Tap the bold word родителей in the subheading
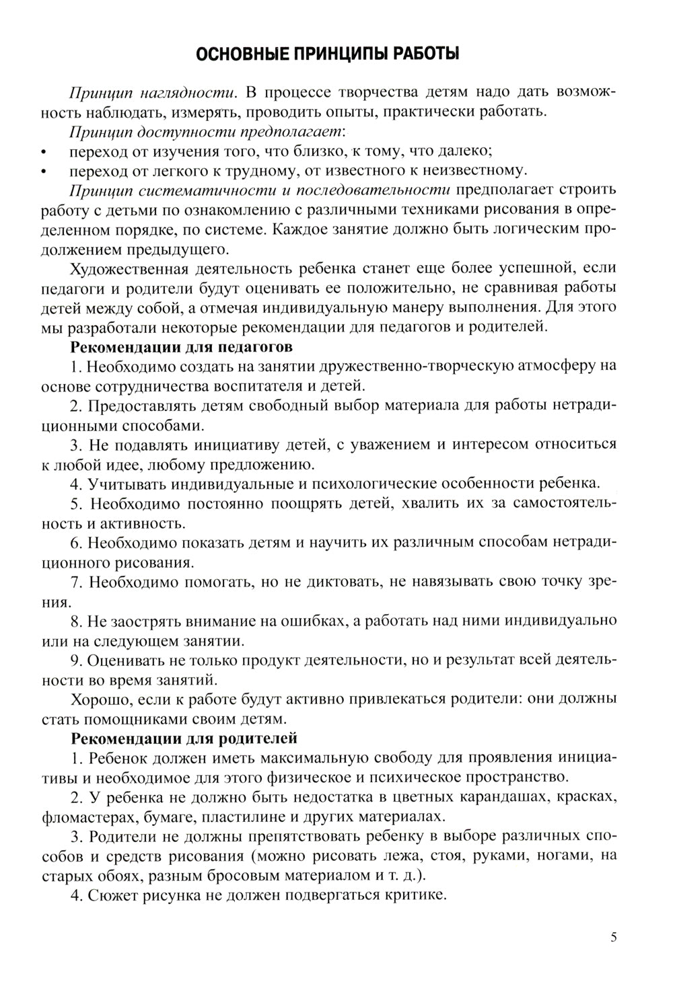pos(258,738)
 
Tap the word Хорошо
pos(96,699)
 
